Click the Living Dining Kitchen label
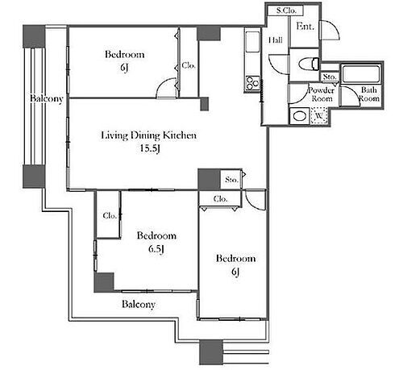pyautogui.click(x=148, y=135)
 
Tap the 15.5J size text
pyautogui.click(x=150, y=148)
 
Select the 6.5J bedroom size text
pyautogui.click(x=156, y=249)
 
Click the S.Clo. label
pyautogui.click(x=286, y=10)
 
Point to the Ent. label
pyautogui.click(x=305, y=27)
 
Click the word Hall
pyautogui.click(x=276, y=40)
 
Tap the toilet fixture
pyautogui.click(x=308, y=64)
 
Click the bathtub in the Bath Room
pyautogui.click(x=361, y=73)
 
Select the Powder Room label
pyautogui.click(x=322, y=94)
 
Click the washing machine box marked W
pyautogui.click(x=319, y=116)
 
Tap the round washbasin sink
pyautogui.click(x=300, y=116)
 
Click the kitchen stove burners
pyautogui.click(x=252, y=82)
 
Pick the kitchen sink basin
pyautogui.click(x=252, y=42)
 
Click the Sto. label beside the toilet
pyautogui.click(x=330, y=77)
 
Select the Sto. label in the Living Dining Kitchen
pyautogui.click(x=231, y=179)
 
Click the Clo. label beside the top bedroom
pyautogui.click(x=189, y=65)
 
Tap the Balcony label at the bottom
pyautogui.click(x=139, y=304)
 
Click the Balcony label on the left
pyautogui.click(x=47, y=98)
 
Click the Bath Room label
pyautogui.click(x=369, y=94)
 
